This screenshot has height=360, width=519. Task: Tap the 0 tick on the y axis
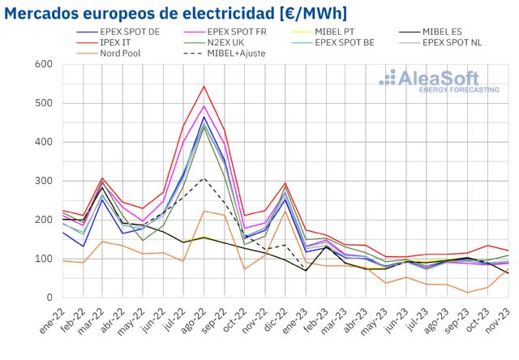coord(49,298)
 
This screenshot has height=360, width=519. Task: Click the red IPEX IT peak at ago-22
coord(204,86)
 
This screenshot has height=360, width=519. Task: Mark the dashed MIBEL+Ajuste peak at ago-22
coord(204,178)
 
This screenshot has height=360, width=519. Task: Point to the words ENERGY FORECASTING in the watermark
coord(459,90)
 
